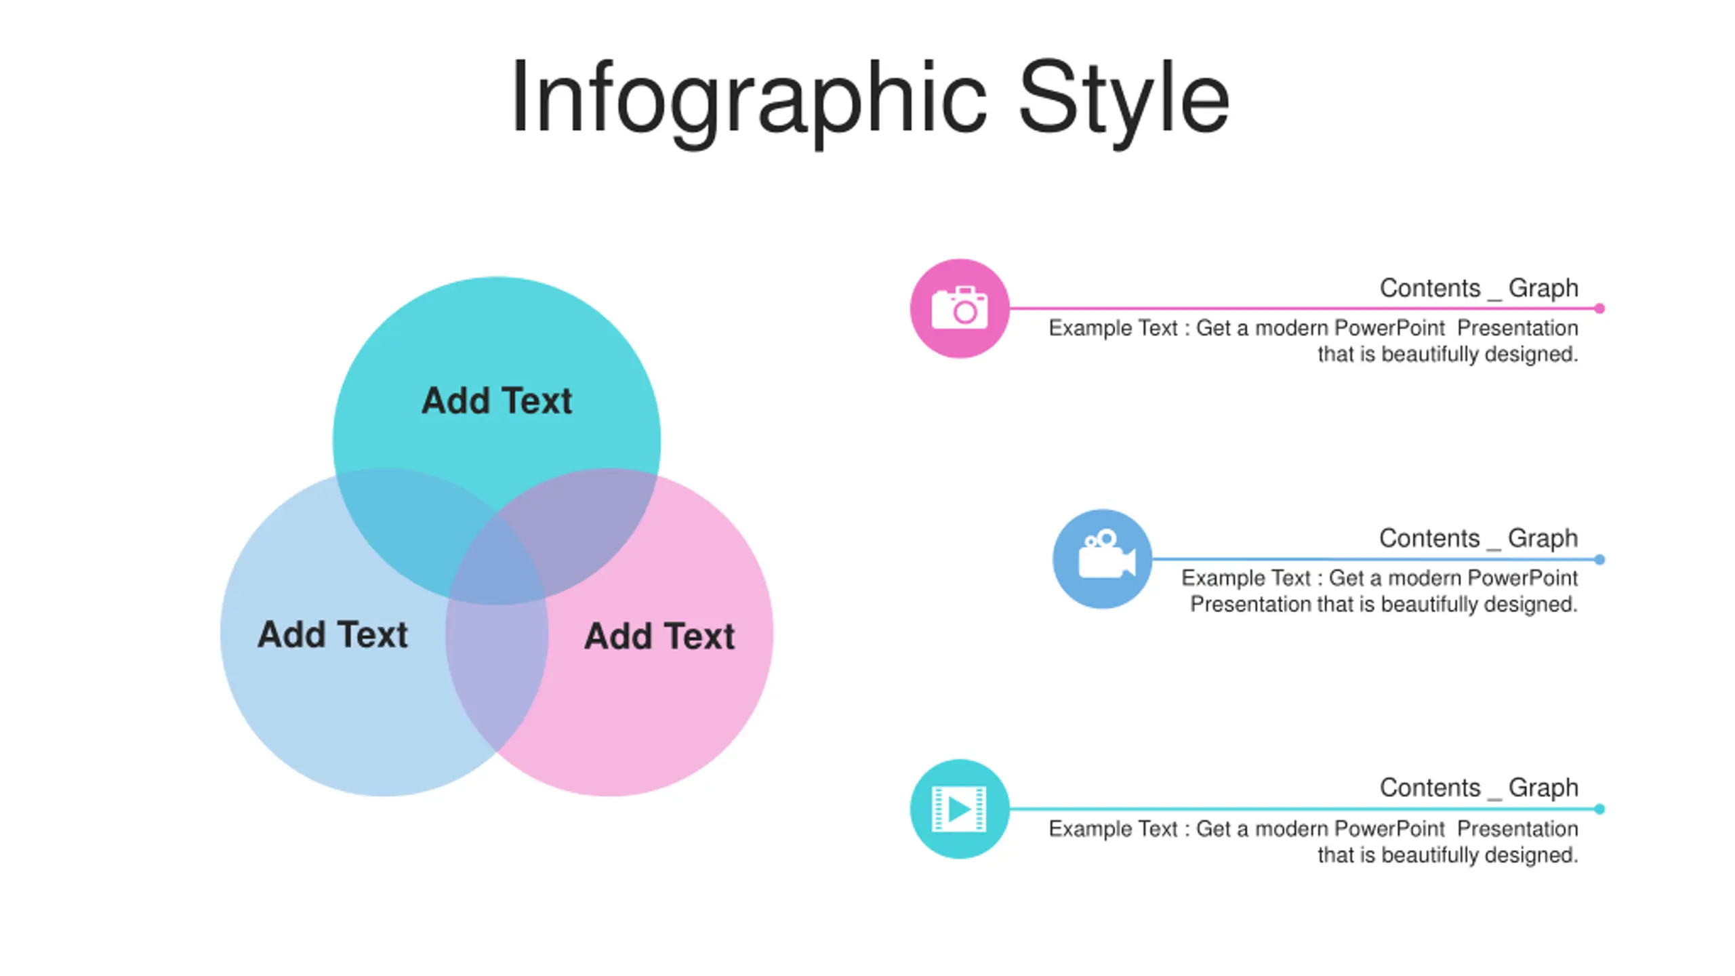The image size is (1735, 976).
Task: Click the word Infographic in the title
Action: pyautogui.click(x=748, y=98)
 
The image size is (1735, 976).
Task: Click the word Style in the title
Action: pyautogui.click(x=1123, y=98)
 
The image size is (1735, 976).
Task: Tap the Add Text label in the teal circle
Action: pyautogui.click(x=497, y=401)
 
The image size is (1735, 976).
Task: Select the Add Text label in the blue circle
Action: pyautogui.click(x=332, y=635)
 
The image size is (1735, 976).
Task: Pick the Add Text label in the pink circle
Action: pyautogui.click(x=659, y=636)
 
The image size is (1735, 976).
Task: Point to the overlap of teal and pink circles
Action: pyautogui.click(x=583, y=522)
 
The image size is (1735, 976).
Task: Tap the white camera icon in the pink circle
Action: pyautogui.click(x=960, y=308)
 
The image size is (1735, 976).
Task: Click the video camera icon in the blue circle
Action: pyautogui.click(x=1103, y=558)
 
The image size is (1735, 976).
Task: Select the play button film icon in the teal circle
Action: pyautogui.click(x=960, y=809)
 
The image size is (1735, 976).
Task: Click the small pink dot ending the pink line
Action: pyautogui.click(x=1599, y=308)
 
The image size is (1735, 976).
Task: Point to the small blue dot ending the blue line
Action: pyautogui.click(x=1599, y=559)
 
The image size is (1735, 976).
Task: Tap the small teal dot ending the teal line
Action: pyautogui.click(x=1599, y=809)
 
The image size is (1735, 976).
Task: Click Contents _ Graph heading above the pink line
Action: pyautogui.click(x=1479, y=288)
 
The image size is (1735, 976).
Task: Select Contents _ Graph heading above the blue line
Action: pyautogui.click(x=1478, y=538)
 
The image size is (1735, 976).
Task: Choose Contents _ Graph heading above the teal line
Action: pyautogui.click(x=1479, y=788)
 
